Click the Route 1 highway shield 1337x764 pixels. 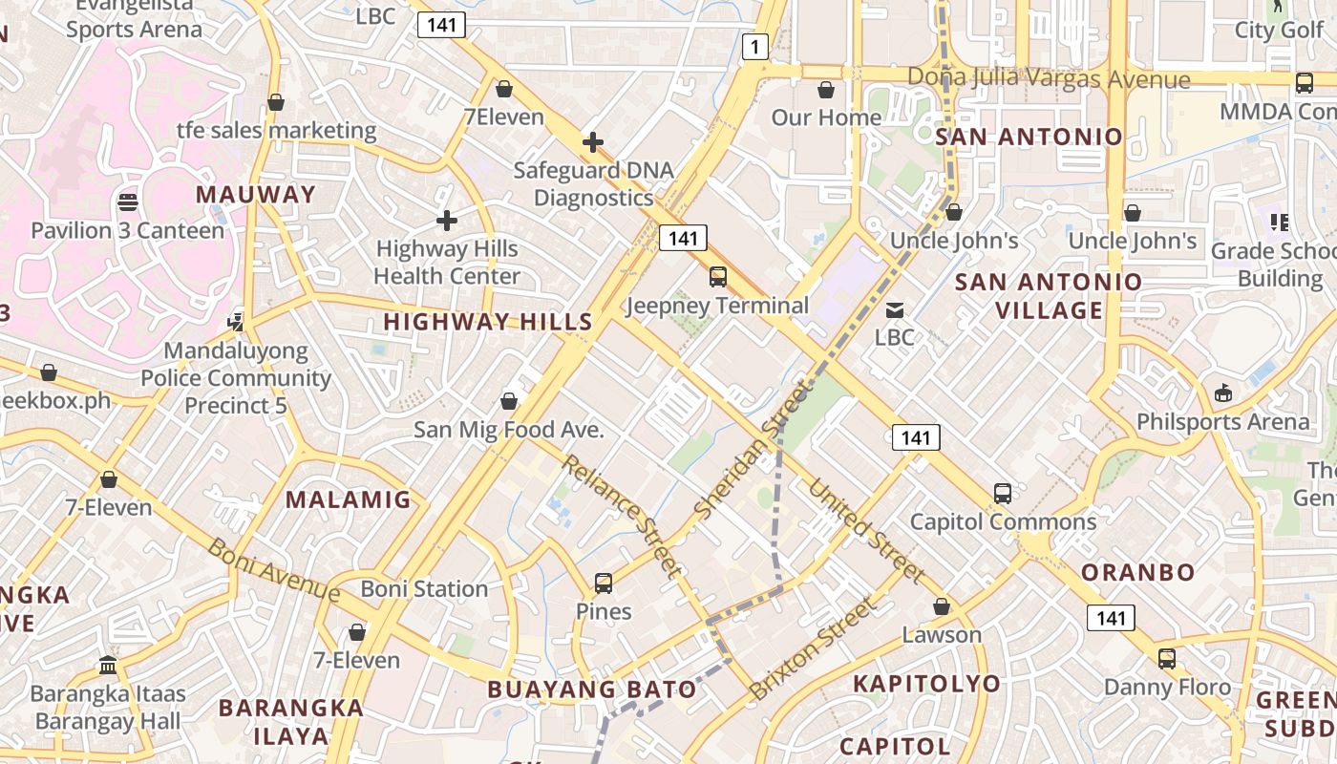[x=755, y=46]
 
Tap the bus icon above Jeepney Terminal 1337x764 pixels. [x=718, y=277]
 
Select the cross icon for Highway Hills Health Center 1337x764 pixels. [x=446, y=221]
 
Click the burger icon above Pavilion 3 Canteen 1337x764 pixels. [x=127, y=202]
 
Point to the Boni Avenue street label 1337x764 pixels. [x=274, y=571]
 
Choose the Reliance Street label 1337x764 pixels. [x=622, y=516]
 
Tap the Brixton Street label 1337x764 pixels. [x=813, y=647]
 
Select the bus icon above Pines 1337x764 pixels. [x=604, y=583]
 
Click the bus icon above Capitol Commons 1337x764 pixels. [x=1002, y=493]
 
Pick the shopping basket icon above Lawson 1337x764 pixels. [x=942, y=606]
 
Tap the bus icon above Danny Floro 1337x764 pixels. [x=1167, y=658]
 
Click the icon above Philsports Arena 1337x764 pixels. [x=1222, y=393]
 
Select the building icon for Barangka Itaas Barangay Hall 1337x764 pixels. [x=108, y=665]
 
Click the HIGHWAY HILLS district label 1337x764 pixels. [x=488, y=322]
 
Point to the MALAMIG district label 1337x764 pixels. [x=349, y=499]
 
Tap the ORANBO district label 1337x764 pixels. [x=1138, y=572]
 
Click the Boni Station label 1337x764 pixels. [x=425, y=588]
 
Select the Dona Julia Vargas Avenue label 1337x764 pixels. [x=1049, y=78]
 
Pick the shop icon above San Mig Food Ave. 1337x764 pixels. [x=509, y=401]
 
